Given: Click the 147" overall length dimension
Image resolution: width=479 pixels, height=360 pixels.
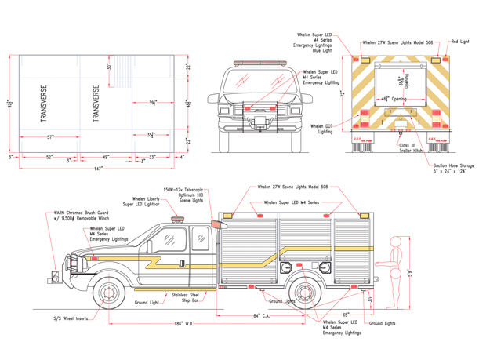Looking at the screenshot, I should [97, 169].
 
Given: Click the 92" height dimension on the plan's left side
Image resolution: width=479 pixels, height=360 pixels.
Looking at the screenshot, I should [9, 104].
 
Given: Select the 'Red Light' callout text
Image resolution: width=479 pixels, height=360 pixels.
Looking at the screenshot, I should [459, 41].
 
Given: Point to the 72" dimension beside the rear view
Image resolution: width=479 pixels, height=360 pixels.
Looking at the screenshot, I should [343, 93].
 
